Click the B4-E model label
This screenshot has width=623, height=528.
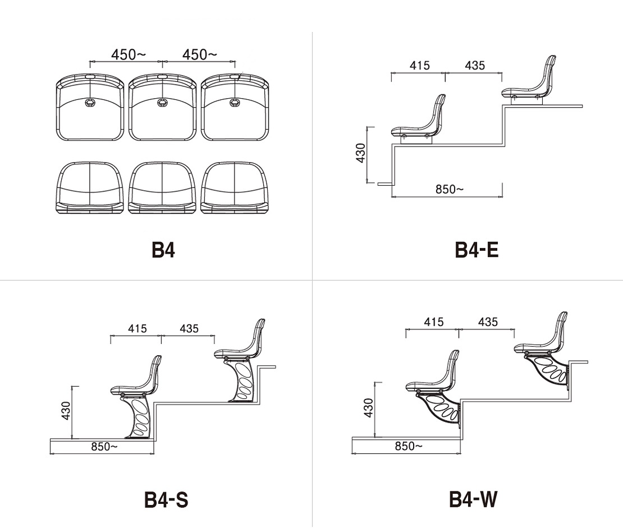[477, 250]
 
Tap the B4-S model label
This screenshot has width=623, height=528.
[166, 499]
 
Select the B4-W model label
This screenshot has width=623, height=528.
[473, 499]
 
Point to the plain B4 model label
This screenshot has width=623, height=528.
[163, 250]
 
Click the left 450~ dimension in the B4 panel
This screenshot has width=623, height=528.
[129, 54]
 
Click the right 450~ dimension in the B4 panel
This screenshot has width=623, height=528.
[199, 54]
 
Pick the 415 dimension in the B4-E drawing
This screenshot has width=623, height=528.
[420, 65]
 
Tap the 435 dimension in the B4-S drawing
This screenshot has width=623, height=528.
[189, 329]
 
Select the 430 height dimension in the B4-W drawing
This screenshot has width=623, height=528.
[368, 407]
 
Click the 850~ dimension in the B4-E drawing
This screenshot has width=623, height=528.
[450, 189]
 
